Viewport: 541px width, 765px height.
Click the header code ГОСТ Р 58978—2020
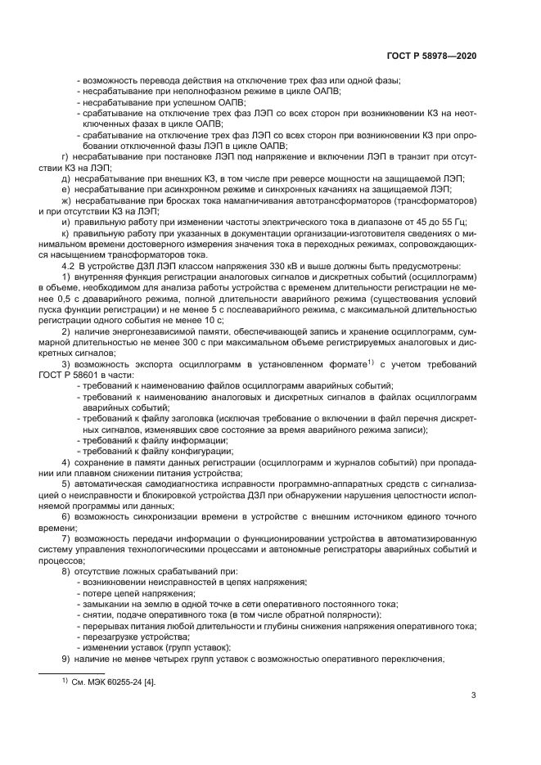(x=431, y=56)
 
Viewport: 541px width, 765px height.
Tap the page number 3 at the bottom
(x=473, y=697)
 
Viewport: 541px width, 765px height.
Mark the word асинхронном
(x=162, y=187)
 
